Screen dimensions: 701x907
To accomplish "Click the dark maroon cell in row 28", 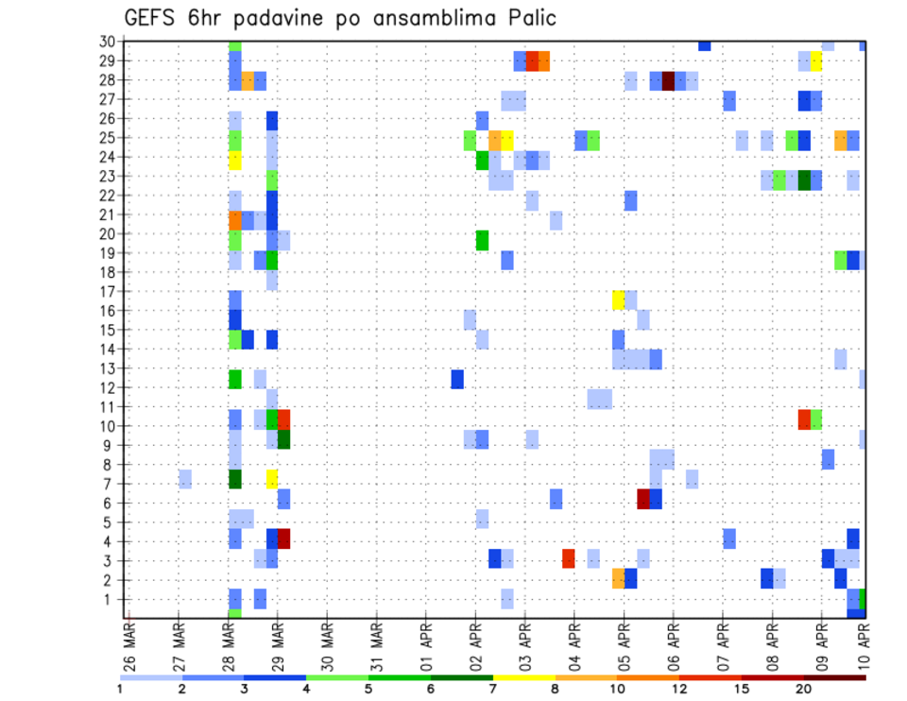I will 668,80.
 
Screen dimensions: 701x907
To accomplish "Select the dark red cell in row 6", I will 643,499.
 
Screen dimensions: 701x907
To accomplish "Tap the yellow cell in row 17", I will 619,299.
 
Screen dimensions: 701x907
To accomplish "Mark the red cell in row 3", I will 569,558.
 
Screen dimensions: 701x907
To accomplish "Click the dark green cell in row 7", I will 235,479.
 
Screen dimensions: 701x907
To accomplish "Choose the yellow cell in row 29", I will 815,61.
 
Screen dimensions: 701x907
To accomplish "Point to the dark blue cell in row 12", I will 457,379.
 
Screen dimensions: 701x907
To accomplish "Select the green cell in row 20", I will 482,240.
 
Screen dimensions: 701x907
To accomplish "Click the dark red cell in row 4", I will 283,539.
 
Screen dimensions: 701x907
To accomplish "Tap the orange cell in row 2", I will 619,577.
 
